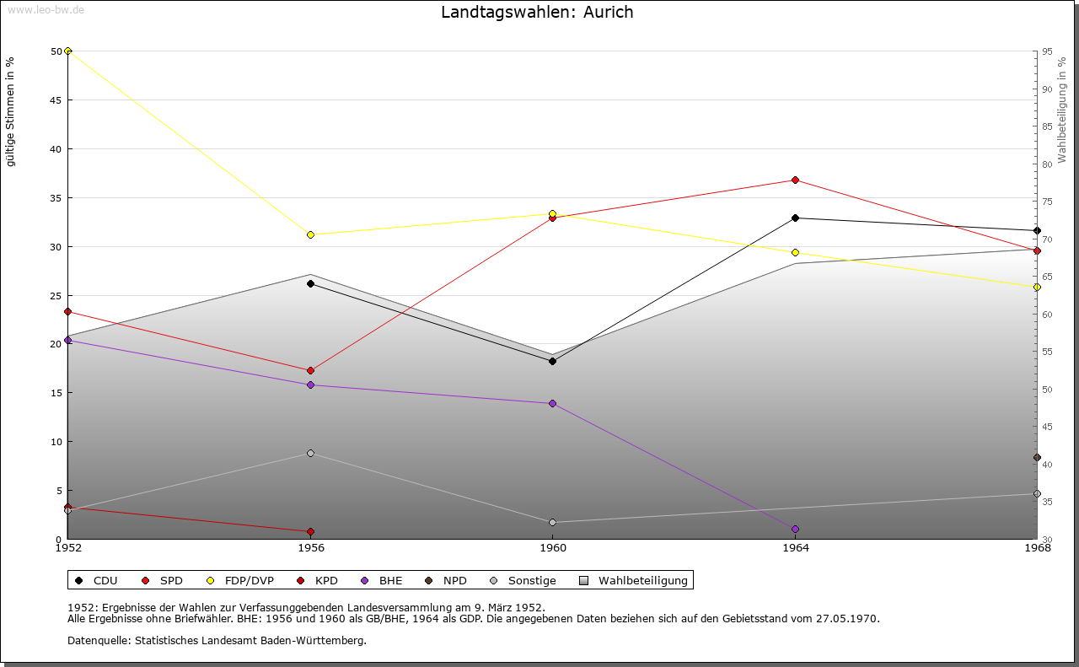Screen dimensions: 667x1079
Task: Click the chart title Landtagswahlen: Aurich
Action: pyautogui.click(x=537, y=13)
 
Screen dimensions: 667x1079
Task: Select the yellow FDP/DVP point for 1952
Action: pyautogui.click(x=67, y=51)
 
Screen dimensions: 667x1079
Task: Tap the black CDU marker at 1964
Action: pyautogui.click(x=795, y=218)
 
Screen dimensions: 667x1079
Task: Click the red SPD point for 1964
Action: pyautogui.click(x=795, y=180)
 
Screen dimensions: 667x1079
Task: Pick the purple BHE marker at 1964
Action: pyautogui.click(x=795, y=530)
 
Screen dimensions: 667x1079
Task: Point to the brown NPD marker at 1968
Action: pyautogui.click(x=1037, y=458)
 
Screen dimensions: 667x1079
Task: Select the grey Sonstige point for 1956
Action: pyautogui.click(x=310, y=454)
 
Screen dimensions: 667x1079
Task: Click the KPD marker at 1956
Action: pyautogui.click(x=310, y=532)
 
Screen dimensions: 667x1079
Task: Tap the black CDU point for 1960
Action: pyautogui.click(x=552, y=362)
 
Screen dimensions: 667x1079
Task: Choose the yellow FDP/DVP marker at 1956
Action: pyautogui.click(x=310, y=235)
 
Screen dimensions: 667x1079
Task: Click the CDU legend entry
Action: pyautogui.click(x=96, y=581)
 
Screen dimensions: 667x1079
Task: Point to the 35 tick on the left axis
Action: pyautogui.click(x=56, y=198)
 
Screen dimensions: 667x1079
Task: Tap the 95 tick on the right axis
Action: pyautogui.click(x=1046, y=51)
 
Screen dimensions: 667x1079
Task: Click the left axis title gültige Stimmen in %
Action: pyautogui.click(x=11, y=112)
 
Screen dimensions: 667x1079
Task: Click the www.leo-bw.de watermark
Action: pyautogui.click(x=44, y=9)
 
